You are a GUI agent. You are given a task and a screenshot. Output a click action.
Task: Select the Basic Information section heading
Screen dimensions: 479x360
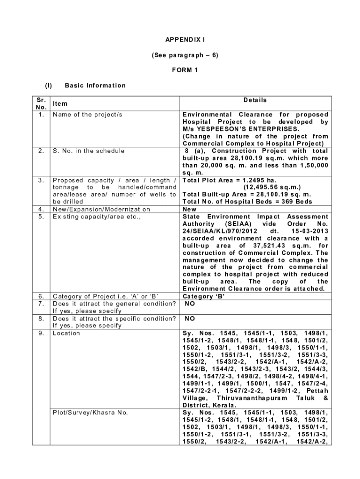(x=95, y=85)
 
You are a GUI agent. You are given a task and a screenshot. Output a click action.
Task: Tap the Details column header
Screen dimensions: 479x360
(x=255, y=100)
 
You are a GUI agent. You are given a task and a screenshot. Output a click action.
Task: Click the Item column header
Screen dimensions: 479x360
(x=59, y=104)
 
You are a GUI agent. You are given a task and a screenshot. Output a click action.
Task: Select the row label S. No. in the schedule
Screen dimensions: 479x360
(x=89, y=151)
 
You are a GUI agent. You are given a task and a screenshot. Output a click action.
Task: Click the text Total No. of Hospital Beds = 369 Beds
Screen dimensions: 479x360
(x=247, y=202)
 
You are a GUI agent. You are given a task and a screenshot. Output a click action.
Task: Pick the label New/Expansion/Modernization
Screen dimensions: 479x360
(x=101, y=209)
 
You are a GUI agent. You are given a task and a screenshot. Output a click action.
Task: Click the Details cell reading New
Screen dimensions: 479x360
(x=189, y=209)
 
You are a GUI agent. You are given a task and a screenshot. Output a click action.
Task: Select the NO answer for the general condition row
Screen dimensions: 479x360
(x=190, y=304)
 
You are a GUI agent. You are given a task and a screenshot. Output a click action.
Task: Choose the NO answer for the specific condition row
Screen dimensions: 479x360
(x=190, y=319)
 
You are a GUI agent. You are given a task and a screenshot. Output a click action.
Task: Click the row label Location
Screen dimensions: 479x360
(x=66, y=333)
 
